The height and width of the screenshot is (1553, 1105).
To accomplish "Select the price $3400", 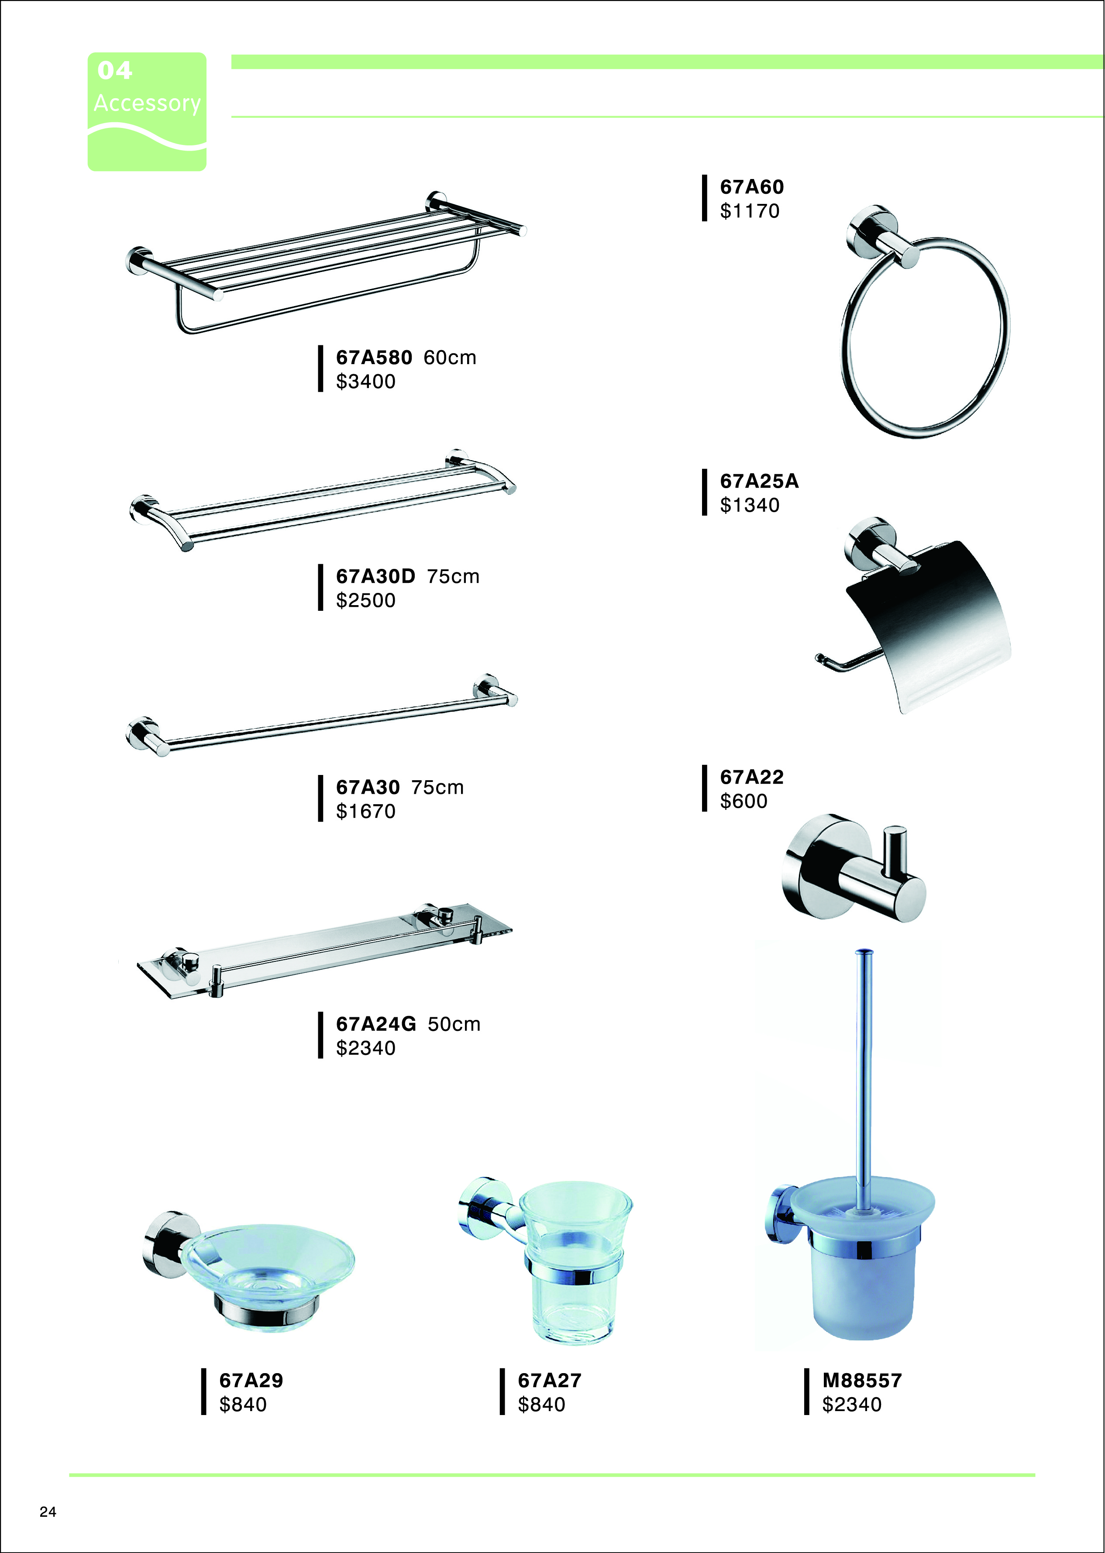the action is [366, 382].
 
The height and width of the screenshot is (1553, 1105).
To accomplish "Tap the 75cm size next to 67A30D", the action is [453, 576].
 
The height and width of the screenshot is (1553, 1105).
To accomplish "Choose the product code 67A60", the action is [752, 187].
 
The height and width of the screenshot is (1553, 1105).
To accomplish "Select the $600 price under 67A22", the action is [744, 801].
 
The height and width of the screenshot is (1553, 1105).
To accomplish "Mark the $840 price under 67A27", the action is [542, 1404].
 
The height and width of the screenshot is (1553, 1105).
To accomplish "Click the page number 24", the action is [48, 1512].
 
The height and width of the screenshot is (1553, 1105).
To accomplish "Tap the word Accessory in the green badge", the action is [148, 103].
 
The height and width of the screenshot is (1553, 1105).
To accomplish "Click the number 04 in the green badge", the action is [114, 70].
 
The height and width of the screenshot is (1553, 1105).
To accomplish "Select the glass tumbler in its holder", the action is [575, 1262].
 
